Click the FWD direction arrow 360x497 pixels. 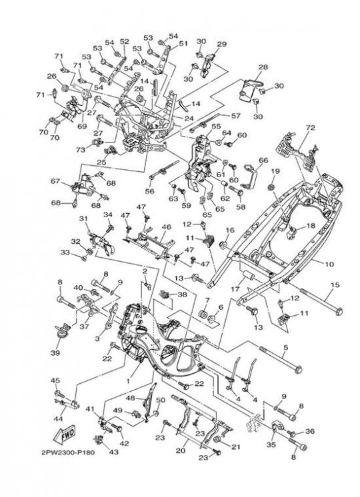(x=65, y=434)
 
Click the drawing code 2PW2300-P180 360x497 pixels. (x=68, y=452)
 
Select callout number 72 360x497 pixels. (x=311, y=128)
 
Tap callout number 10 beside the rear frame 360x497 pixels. (x=329, y=264)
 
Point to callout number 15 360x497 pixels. (x=335, y=284)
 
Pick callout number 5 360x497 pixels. (x=285, y=348)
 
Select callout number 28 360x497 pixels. (x=263, y=67)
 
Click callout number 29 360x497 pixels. (x=222, y=44)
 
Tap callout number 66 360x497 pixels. (x=263, y=161)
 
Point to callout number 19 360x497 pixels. (x=275, y=171)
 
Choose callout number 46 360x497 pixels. (x=166, y=227)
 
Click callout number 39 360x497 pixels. (x=55, y=353)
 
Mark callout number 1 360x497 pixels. (x=128, y=381)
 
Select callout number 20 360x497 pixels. (x=181, y=450)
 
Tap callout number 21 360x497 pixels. (x=235, y=447)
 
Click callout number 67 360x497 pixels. (x=55, y=181)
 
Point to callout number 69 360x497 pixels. (x=82, y=127)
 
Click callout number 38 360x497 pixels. (x=182, y=294)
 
